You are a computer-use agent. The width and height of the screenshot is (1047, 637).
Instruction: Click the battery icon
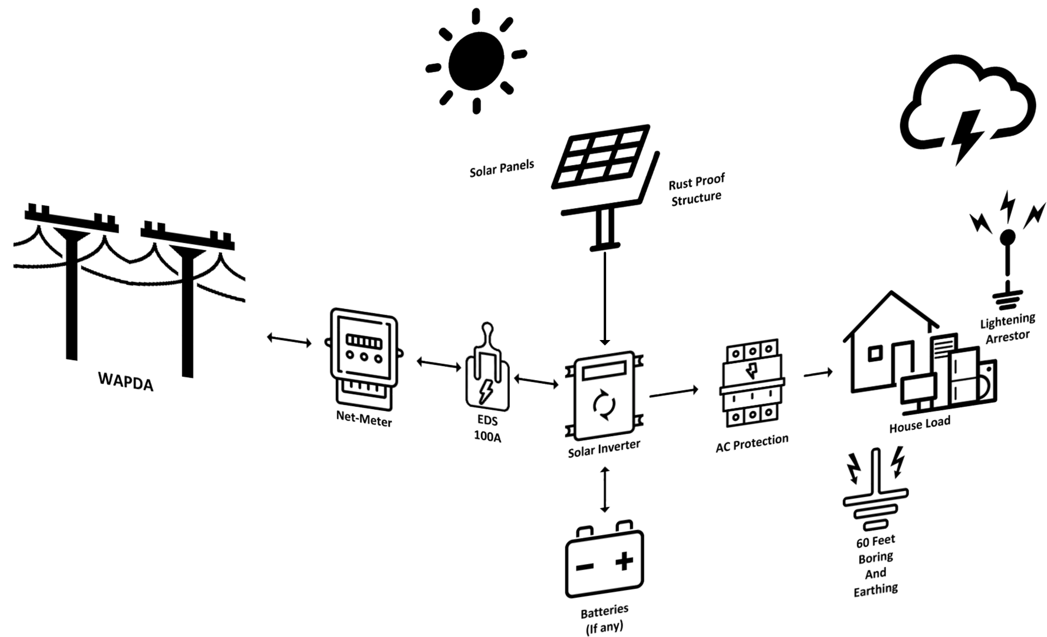click(x=604, y=561)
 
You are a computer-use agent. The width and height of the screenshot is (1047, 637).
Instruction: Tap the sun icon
click(x=476, y=61)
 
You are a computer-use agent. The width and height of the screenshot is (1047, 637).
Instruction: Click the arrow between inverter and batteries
click(x=604, y=490)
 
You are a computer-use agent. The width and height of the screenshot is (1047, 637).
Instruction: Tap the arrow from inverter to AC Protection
click(x=674, y=392)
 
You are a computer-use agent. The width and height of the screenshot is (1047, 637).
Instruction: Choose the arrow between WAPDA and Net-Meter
click(x=289, y=340)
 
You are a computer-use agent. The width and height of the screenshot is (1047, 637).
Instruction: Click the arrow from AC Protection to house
click(x=818, y=373)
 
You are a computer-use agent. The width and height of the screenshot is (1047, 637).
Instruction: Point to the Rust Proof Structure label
click(x=696, y=190)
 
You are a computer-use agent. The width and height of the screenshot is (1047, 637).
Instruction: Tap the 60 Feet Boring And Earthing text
click(x=875, y=565)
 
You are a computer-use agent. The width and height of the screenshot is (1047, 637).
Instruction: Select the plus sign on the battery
click(x=624, y=561)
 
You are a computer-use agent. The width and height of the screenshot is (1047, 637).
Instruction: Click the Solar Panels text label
click(x=502, y=168)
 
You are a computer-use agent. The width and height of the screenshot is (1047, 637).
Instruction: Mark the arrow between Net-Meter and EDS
click(x=439, y=364)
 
